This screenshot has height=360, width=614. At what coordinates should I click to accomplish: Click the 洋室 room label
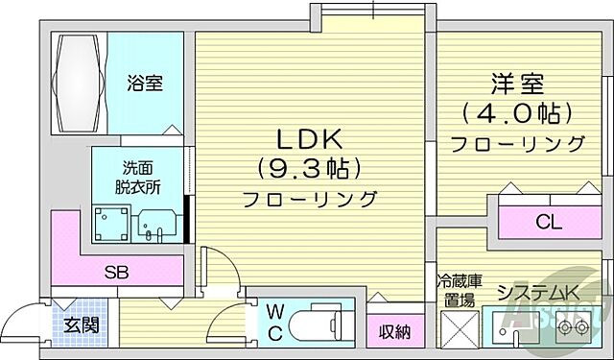[x=519, y=84]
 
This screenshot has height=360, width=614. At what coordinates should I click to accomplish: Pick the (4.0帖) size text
[x=519, y=114]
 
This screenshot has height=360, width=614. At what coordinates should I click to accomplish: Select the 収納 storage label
[x=393, y=332]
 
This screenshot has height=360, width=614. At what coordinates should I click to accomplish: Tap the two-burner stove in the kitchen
[x=576, y=327]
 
